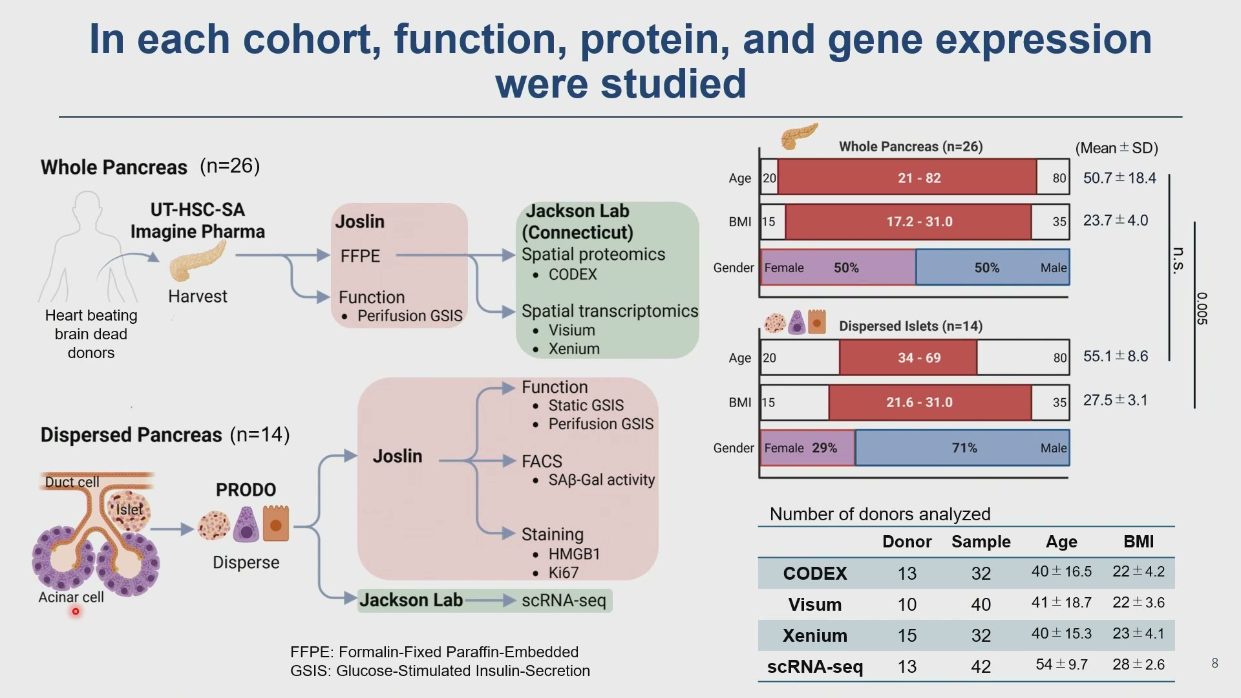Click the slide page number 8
[x=1214, y=663]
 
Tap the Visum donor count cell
[x=907, y=604]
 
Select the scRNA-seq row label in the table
[x=814, y=666]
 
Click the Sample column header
[x=981, y=542]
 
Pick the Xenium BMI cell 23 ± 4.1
[x=1138, y=633]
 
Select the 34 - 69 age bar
[x=908, y=357]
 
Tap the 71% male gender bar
[x=962, y=448]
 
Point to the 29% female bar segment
[x=808, y=448]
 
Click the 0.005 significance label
[x=1201, y=309]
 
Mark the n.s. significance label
[x=1178, y=260]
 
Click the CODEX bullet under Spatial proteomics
[x=572, y=275]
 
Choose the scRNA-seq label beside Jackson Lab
[x=564, y=600]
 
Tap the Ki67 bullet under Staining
[x=563, y=573]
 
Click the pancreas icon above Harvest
[x=196, y=261]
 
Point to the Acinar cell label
[x=71, y=597]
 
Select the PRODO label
[x=246, y=490]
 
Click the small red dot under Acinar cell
[x=76, y=611]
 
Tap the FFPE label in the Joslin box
[x=360, y=256]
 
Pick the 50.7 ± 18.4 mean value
[x=1119, y=178]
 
